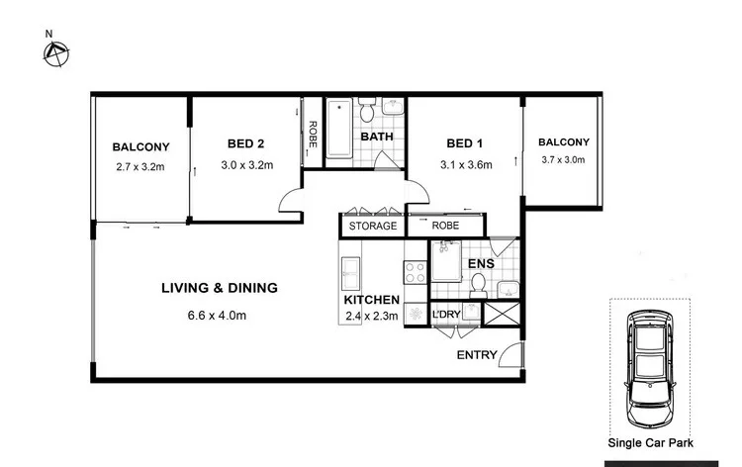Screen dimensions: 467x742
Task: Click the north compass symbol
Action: point(55,53)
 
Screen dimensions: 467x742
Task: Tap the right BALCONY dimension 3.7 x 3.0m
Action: point(563,159)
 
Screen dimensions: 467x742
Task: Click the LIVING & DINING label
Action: point(220,288)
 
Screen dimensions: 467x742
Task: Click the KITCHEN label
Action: point(371,299)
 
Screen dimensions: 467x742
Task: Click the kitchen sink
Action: point(350,271)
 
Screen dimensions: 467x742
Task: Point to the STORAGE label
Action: point(372,226)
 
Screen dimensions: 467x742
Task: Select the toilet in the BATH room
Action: point(366,108)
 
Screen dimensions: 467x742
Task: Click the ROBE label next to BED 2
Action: point(313,134)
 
